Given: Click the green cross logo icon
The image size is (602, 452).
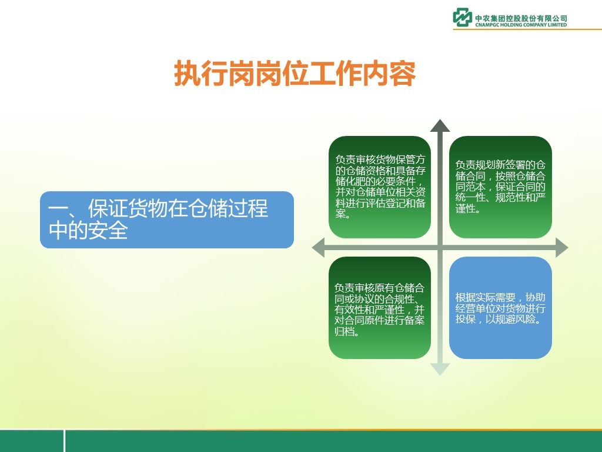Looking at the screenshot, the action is point(462,17).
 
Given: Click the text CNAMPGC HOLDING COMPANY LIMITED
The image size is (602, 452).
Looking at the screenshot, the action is point(521,25).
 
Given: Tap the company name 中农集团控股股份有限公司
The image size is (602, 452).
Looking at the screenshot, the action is point(521,18).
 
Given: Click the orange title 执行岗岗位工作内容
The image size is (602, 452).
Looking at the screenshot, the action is point(295,73).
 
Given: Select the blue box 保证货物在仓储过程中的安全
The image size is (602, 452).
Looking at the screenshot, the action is point(167,220).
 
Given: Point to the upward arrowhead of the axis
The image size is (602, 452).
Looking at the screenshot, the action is point(440,126).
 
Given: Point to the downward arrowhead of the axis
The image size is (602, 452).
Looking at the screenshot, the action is point(440,370).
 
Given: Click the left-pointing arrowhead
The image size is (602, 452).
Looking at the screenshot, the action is point(318,248).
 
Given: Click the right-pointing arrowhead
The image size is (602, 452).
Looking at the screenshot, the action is point(561,248).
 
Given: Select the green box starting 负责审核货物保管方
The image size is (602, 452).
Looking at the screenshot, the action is point(380,187).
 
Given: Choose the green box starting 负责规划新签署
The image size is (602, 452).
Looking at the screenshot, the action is point(500,187).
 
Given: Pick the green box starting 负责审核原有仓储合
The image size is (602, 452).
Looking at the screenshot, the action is point(380,308).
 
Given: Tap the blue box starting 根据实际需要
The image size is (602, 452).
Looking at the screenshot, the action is point(500,308).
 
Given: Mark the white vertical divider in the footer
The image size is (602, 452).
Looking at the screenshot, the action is point(64,441).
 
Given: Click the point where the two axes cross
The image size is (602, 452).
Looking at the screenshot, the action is point(440,248).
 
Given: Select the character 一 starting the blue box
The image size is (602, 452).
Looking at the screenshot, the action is point(57,210).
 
